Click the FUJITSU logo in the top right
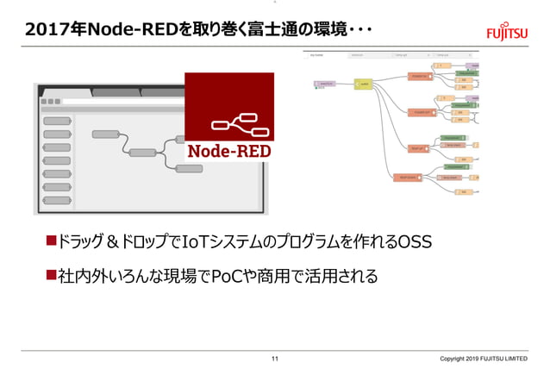pyautogui.click(x=508, y=31)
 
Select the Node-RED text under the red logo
pyautogui.click(x=229, y=151)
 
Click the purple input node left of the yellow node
pyautogui.click(x=326, y=84)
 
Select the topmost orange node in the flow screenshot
pyautogui.click(x=420, y=76)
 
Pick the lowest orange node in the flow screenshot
pyautogui.click(x=407, y=177)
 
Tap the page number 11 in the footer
pyautogui.click(x=275, y=359)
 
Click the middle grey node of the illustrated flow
pyautogui.click(x=142, y=153)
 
